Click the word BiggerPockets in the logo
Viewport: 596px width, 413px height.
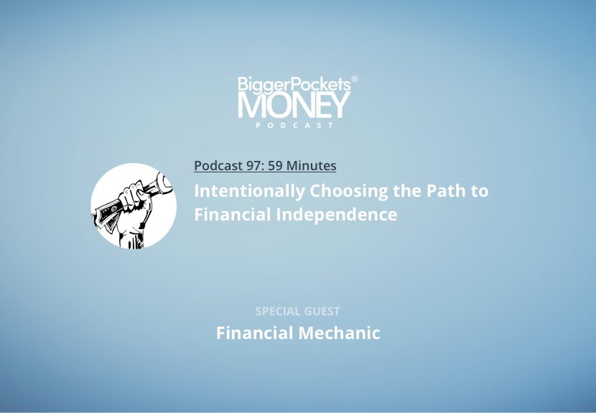tap(294, 85)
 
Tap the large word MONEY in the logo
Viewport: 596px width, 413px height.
tap(294, 106)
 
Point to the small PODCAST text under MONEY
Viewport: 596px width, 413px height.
tap(294, 125)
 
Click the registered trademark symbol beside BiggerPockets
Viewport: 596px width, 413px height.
tap(354, 79)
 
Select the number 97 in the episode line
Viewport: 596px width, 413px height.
tap(255, 165)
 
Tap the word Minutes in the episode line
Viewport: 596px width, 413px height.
tap(311, 165)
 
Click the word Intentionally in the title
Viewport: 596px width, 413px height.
tap(249, 191)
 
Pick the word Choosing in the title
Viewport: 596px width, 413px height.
tap(348, 191)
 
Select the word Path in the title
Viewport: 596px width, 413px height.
tap(446, 190)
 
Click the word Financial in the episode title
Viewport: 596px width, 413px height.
tap(233, 214)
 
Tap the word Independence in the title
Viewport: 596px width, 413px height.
tap(336, 215)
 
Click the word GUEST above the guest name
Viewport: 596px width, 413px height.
tap(322, 312)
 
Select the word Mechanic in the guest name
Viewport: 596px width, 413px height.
tap(339, 333)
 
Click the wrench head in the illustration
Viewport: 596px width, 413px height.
tap(164, 183)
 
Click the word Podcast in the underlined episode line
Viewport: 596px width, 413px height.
tap(218, 165)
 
